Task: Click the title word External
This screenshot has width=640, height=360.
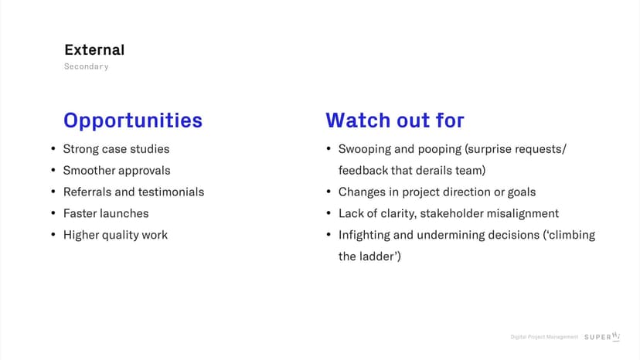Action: pos(94,49)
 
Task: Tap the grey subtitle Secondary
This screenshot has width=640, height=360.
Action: pos(86,66)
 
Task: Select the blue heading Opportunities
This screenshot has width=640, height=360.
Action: pos(133,121)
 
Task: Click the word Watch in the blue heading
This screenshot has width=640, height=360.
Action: pos(358,121)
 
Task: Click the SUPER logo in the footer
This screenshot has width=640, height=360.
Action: pos(602,337)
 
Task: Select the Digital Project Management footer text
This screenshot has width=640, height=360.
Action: pos(544,337)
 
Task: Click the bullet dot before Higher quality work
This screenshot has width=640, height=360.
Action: pos(53,235)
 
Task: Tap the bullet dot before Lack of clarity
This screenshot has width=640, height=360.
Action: pos(329,213)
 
